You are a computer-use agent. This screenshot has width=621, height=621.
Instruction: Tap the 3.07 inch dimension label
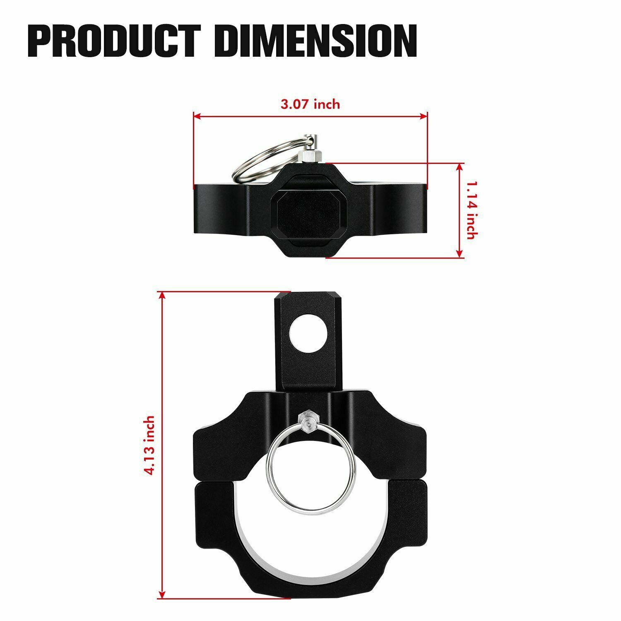coord(310,104)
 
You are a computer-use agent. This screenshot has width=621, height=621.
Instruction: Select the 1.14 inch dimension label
coord(471,210)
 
